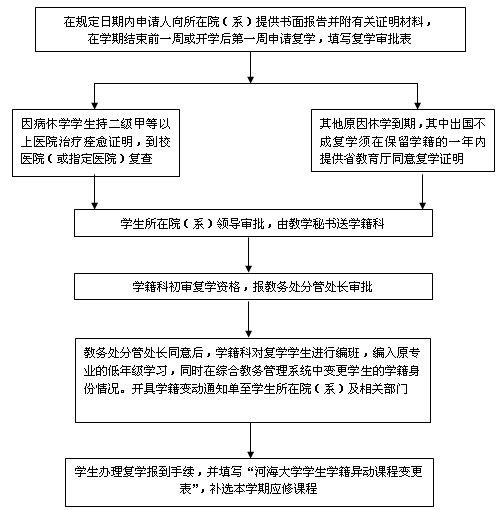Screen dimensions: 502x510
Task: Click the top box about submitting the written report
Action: click(250, 30)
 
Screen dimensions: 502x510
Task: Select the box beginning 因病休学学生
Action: click(96, 143)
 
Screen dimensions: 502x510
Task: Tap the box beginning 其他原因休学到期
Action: click(403, 140)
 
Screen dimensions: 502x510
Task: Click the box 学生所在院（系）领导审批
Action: click(253, 223)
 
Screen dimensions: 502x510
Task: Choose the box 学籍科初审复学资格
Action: click(253, 287)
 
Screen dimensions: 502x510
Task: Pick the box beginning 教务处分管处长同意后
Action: click(253, 380)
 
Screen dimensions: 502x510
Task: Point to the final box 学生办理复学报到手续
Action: click(249, 482)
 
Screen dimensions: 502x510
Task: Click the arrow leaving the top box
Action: click(250, 67)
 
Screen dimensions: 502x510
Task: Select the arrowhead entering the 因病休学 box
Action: click(95, 105)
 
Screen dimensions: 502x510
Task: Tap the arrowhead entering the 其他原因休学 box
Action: click(417, 105)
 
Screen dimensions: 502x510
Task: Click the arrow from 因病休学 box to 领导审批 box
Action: click(95, 193)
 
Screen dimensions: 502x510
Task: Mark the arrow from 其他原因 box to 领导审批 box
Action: click(422, 192)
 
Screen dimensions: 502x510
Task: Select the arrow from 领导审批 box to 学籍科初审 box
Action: click(248, 255)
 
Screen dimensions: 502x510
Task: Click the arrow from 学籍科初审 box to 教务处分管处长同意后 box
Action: click(248, 319)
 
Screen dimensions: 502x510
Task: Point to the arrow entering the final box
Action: click(250, 441)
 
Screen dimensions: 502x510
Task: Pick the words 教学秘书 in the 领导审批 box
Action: click(312, 223)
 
